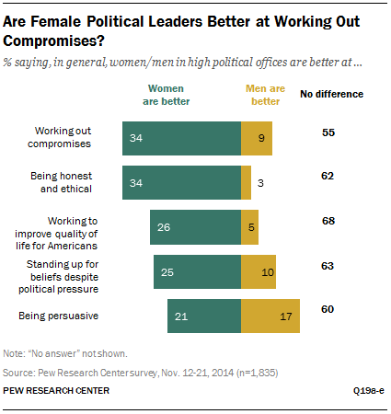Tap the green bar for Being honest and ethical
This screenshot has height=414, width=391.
[x=181, y=182]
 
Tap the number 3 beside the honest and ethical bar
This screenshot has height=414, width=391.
[x=261, y=183]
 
